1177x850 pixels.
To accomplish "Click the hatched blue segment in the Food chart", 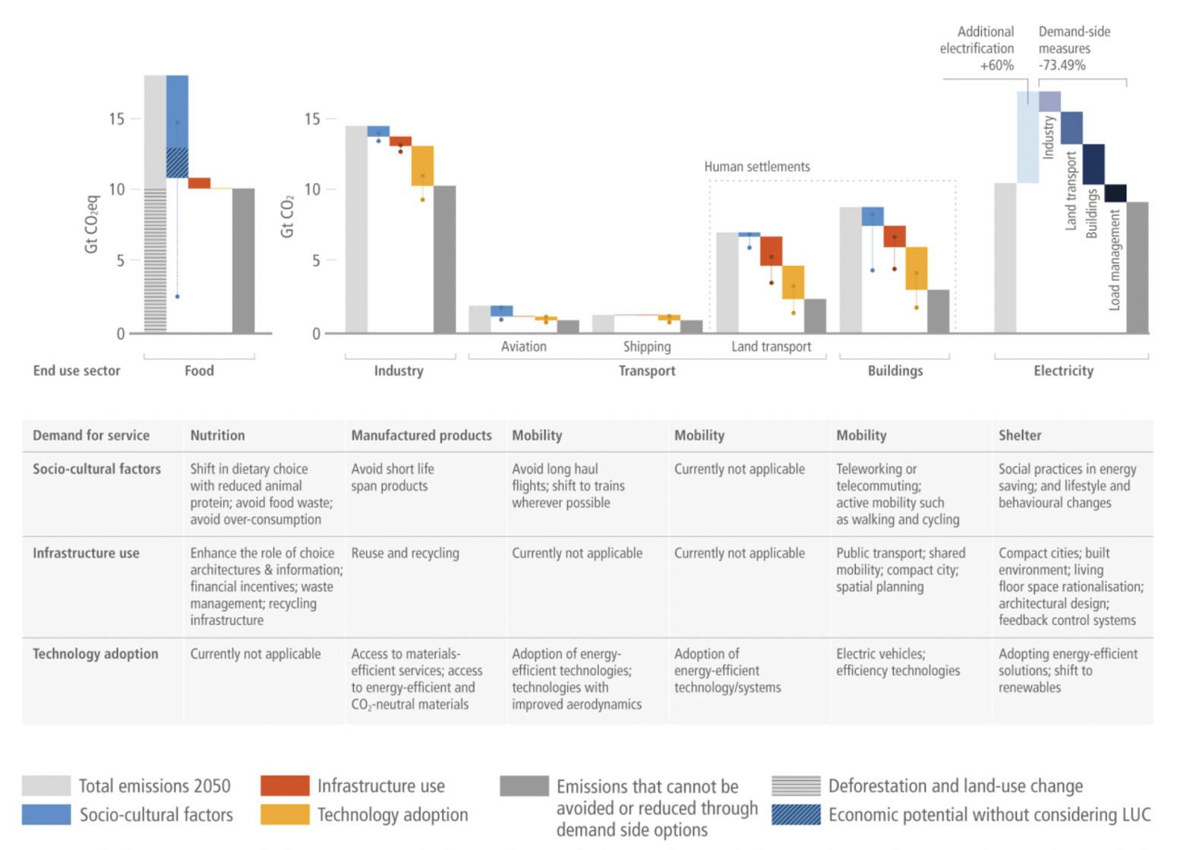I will coord(177,163).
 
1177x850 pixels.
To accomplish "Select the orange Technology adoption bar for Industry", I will coord(422,166).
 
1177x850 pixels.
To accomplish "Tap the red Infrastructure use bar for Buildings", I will coord(895,236).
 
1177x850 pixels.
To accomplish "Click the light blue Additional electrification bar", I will coord(1027,137).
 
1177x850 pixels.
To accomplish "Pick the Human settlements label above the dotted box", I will coord(756,166).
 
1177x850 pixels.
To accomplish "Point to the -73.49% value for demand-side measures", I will coord(1062,65).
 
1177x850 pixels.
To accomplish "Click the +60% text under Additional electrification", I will coord(996,65).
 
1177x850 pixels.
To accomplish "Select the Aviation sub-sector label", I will coord(523,346).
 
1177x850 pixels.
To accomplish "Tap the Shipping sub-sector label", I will coord(647,346).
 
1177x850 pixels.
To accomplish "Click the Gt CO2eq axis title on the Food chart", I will coord(92,224).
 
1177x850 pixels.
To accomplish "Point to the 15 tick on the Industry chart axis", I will coord(312,119).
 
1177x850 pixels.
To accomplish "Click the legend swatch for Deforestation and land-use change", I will coord(796,785).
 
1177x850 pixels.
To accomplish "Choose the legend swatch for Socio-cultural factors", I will coord(46,814).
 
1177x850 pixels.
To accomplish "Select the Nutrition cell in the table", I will coord(217,435).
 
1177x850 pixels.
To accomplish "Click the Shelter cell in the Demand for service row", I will coord(1020,435).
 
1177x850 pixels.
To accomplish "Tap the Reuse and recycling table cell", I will coord(405,553).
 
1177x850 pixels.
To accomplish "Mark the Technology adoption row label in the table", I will coord(95,654).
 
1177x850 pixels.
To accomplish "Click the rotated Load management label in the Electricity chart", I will coord(1115,261).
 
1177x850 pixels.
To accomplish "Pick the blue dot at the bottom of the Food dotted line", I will coord(177,296).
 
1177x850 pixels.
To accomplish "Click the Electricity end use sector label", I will coord(1063,371).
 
